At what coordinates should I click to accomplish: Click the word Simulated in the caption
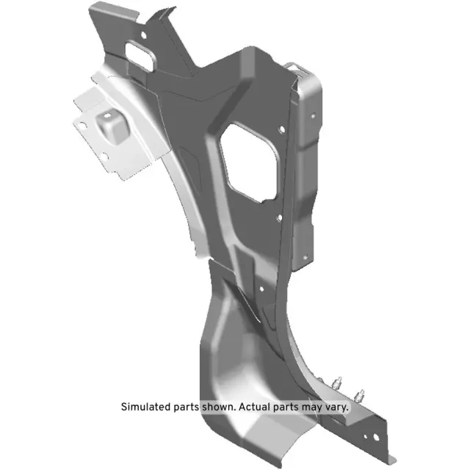(x=144, y=405)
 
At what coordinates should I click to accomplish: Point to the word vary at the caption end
(x=337, y=405)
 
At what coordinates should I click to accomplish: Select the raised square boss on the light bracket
(x=112, y=126)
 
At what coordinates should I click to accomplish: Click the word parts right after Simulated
(x=187, y=405)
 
